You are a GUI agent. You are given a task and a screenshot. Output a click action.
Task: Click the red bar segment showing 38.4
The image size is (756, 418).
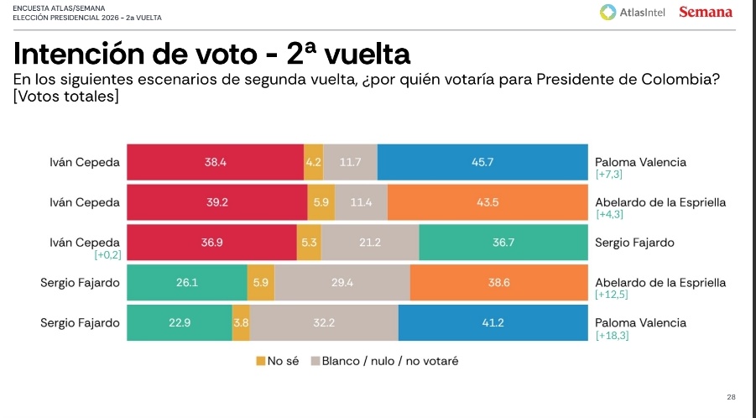click(215, 162)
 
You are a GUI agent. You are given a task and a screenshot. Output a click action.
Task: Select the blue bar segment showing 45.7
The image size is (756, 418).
click(482, 162)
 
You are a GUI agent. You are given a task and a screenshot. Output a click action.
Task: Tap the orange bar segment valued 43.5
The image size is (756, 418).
click(488, 202)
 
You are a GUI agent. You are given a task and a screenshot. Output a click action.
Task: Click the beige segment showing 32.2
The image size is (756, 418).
click(324, 323)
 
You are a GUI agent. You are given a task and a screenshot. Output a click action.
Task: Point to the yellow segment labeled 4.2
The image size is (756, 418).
click(314, 162)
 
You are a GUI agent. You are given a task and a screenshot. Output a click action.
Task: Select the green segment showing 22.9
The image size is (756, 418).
click(180, 323)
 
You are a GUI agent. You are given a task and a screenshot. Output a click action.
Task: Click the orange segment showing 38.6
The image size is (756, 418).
click(499, 283)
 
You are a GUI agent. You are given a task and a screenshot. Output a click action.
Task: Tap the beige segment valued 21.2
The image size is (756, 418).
click(370, 243)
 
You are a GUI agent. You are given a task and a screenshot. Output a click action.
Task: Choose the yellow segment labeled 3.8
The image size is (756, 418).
click(241, 323)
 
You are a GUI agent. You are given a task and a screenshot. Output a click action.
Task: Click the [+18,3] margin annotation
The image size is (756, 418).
click(612, 336)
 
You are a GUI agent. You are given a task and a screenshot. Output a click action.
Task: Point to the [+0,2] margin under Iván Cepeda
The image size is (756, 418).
click(108, 255)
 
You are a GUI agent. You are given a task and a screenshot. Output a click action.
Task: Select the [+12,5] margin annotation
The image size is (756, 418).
click(612, 295)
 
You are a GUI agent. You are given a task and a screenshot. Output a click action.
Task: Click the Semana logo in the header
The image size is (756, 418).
click(705, 12)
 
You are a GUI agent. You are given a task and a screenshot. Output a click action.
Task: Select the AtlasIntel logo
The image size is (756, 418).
click(633, 12)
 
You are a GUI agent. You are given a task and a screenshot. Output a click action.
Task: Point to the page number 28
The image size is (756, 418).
click(731, 397)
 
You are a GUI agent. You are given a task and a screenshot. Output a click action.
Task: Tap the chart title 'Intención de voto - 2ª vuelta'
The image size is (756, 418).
click(211, 55)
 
